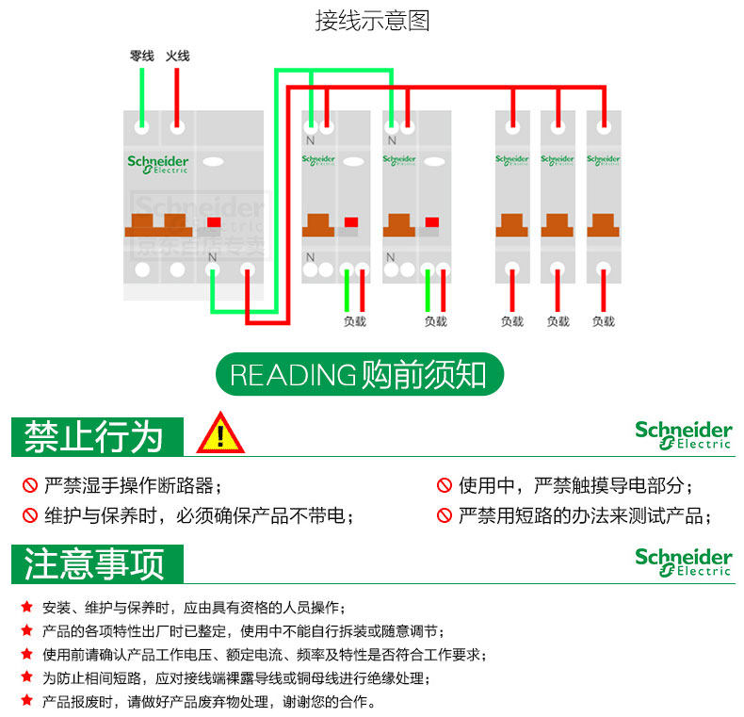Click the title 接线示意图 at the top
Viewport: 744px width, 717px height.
point(372,21)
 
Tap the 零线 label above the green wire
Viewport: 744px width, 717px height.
point(141,57)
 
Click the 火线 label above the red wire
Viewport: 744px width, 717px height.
point(177,57)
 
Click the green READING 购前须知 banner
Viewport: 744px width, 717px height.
point(360,374)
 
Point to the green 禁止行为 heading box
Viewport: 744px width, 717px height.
point(94,436)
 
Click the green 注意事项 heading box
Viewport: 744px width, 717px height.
point(94,563)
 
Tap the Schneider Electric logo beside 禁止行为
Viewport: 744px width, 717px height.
point(683,434)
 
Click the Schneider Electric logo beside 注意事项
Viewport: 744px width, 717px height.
point(683,562)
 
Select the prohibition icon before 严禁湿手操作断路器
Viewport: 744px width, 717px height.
point(29,486)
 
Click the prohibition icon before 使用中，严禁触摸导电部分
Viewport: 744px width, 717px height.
point(444,486)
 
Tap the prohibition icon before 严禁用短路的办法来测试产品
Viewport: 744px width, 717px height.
point(444,516)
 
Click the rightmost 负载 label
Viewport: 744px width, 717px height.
point(603,321)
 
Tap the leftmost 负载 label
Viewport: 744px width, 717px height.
point(355,321)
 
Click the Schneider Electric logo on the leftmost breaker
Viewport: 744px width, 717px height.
point(158,164)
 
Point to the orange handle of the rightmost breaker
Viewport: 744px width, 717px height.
point(603,225)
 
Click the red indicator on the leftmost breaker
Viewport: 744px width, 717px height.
point(214,223)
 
